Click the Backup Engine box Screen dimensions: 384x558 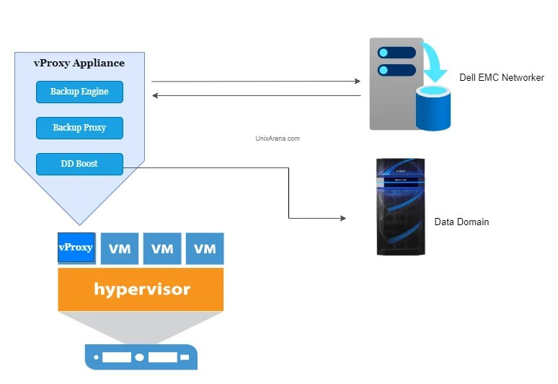click(x=79, y=92)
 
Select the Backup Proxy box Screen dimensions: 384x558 click(x=79, y=128)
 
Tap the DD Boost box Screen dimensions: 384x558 click(x=79, y=164)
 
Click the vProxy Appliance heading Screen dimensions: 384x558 click(x=79, y=64)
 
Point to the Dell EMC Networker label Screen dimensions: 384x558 click(x=501, y=78)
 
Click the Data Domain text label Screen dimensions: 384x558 click(x=461, y=222)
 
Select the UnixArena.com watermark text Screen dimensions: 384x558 click(x=278, y=139)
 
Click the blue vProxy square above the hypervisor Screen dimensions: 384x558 click(x=76, y=248)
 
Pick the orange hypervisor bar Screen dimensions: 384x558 click(x=141, y=289)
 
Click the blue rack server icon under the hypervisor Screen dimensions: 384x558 click(x=141, y=357)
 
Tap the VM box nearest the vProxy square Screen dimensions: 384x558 click(x=119, y=248)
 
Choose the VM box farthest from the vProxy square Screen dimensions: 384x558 click(x=205, y=248)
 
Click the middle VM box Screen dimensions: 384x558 click(x=162, y=248)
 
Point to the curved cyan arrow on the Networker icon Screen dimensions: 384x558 click(x=435, y=64)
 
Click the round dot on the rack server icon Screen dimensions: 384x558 click(x=140, y=357)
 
